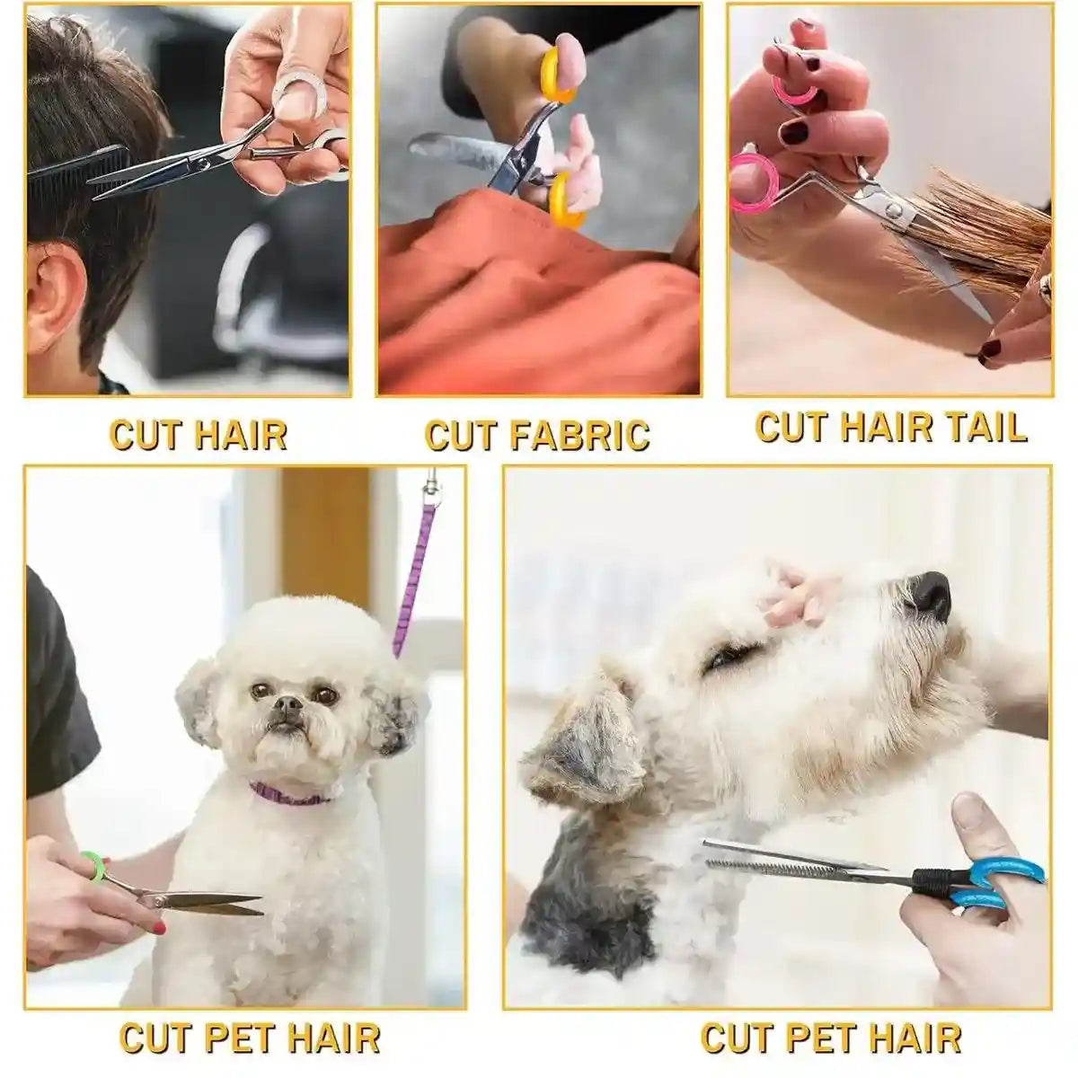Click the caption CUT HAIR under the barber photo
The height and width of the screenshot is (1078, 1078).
tap(199, 434)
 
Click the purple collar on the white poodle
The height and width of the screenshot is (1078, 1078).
tap(287, 793)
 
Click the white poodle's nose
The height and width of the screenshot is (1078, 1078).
tap(287, 709)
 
